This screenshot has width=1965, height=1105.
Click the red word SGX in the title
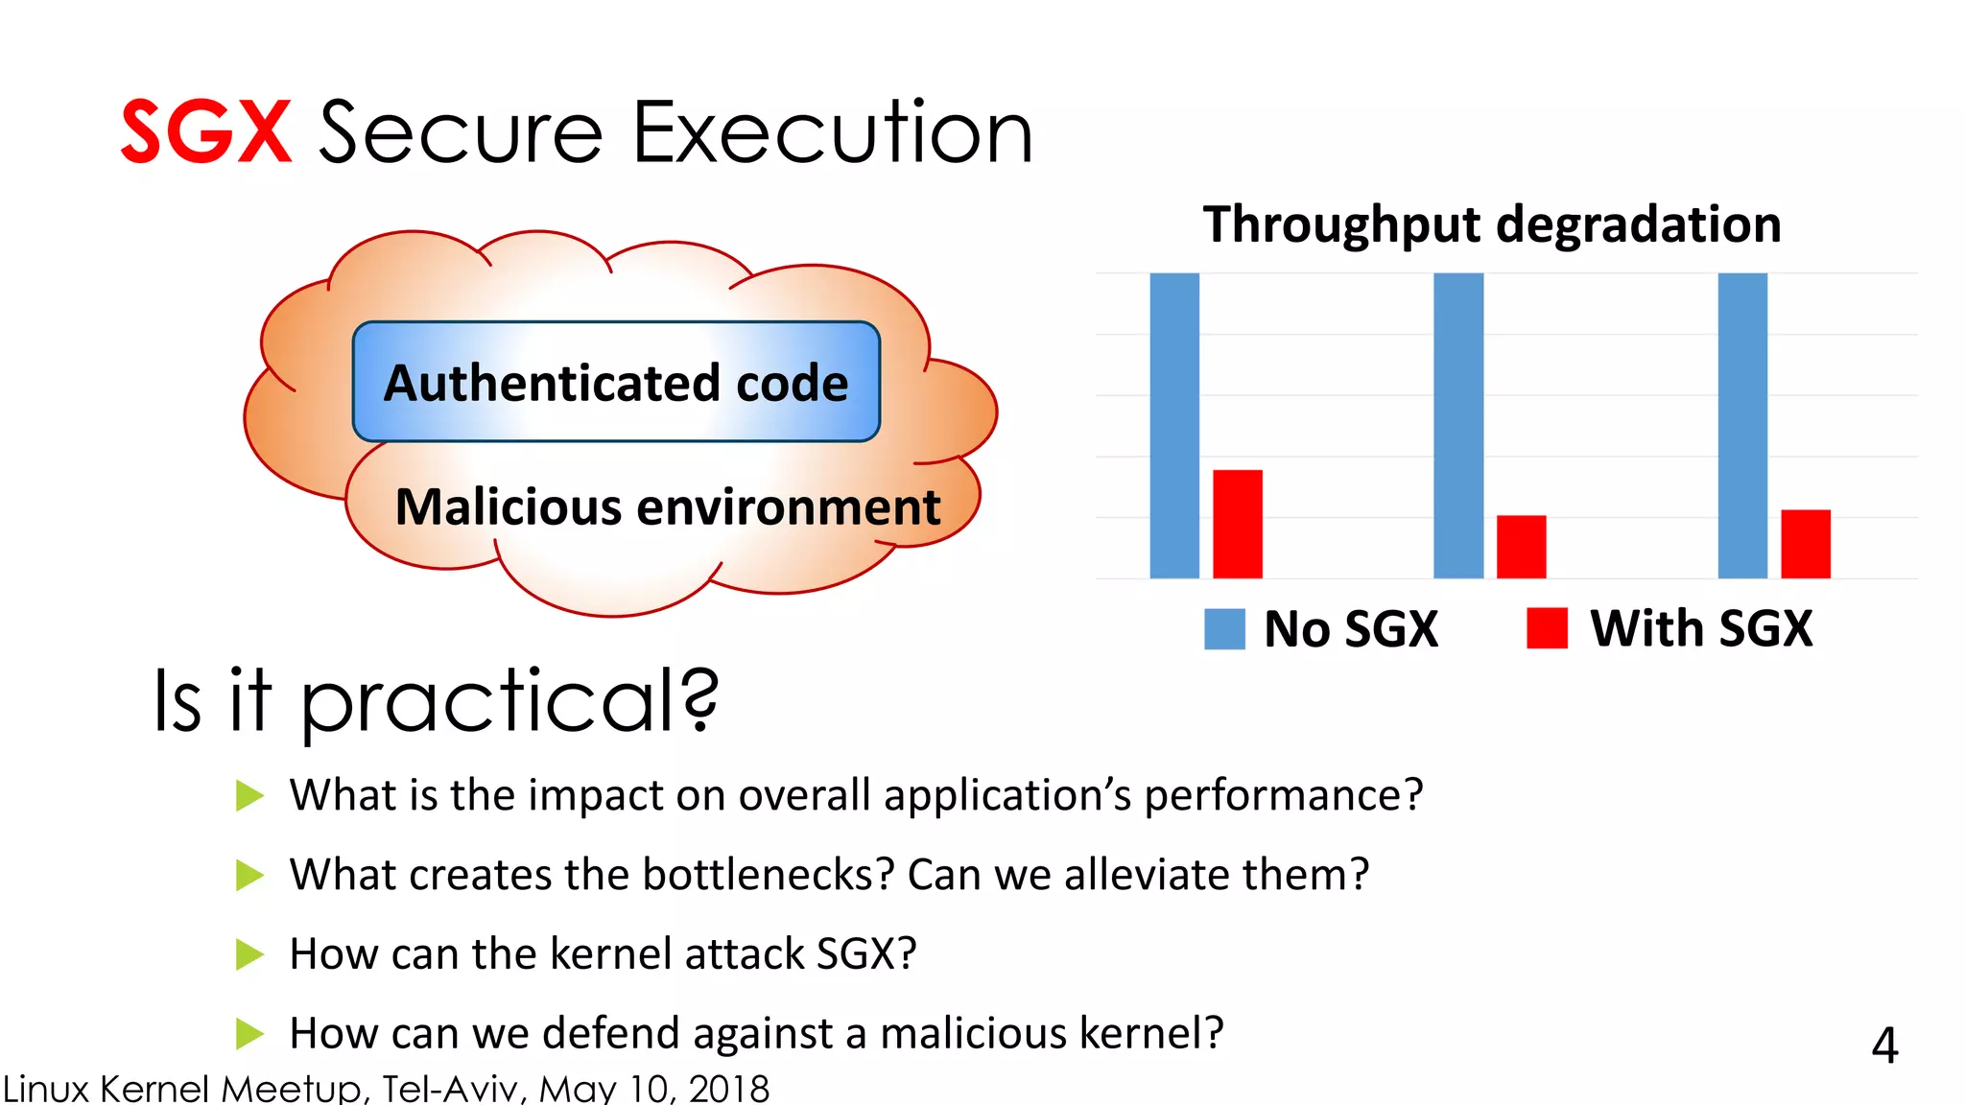click(205, 132)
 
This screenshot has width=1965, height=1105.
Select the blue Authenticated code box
click(616, 382)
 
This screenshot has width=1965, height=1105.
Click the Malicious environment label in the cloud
click(668, 506)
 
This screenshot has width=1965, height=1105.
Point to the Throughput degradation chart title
click(1492, 224)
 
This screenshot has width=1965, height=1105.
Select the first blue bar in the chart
click(1174, 426)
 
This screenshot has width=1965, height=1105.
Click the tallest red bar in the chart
click(1238, 524)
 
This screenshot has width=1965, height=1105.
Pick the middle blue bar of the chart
click(1458, 426)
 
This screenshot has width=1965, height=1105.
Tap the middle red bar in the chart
click(1522, 547)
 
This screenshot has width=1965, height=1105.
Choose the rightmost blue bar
click(1742, 426)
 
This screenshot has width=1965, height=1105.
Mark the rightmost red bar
click(1806, 544)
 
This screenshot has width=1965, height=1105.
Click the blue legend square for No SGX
click(1224, 629)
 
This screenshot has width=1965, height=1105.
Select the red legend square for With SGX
click(1547, 628)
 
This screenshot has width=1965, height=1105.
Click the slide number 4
click(1884, 1046)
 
